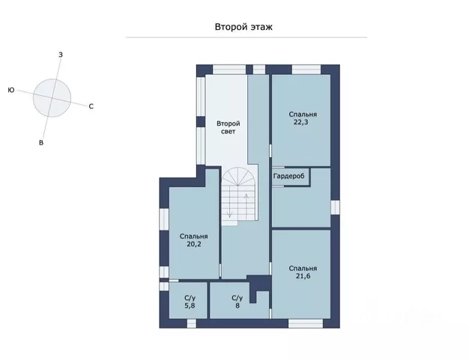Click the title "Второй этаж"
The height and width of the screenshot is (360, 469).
click(243, 27)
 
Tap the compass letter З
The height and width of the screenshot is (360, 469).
click(61, 55)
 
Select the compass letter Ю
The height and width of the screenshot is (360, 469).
click(11, 90)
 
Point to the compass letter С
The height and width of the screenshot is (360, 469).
click(91, 106)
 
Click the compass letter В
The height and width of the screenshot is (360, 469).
click(41, 143)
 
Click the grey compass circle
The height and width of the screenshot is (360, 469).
click(52, 98)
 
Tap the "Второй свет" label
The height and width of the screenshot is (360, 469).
click(229, 127)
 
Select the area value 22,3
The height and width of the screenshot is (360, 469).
click(301, 122)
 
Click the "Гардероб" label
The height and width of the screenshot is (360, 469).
click(288, 176)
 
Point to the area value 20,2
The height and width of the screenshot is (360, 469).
click(194, 244)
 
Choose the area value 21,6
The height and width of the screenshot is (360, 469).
click(303, 276)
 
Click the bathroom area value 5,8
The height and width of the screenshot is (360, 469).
click(190, 305)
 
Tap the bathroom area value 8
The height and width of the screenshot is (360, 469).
click(237, 305)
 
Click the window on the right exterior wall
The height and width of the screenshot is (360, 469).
click(336, 207)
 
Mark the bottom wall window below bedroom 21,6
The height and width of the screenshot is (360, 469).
click(306, 323)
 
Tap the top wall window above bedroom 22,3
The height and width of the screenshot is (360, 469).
click(306, 70)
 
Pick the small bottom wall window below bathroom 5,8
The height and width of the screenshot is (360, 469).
click(192, 323)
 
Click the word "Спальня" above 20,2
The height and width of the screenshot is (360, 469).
click(194, 237)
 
